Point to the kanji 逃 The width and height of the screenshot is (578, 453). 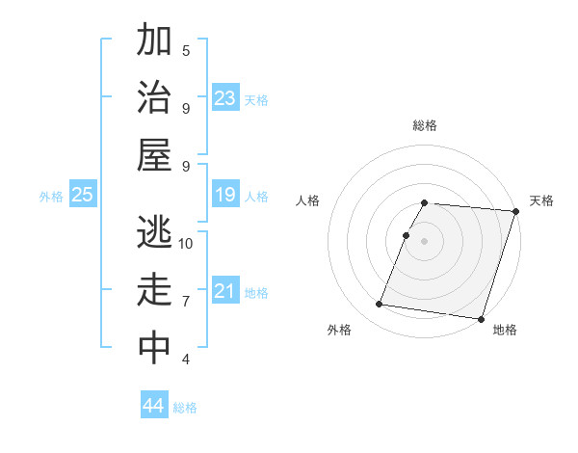coord(154,233)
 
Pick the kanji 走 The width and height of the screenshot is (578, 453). coord(154,291)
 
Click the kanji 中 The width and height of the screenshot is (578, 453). coord(154,349)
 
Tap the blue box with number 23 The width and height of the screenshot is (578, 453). coord(225,98)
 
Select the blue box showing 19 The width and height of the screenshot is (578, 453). coord(225,196)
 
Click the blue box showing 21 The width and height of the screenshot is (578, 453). coord(225,291)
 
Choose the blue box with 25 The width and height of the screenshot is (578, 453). coord(82,196)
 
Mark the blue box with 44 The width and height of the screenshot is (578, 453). coord(154,406)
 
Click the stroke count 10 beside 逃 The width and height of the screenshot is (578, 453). coord(186,243)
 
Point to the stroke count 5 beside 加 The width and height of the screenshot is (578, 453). coord(186,50)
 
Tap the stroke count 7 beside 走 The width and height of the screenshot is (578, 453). coord(186,301)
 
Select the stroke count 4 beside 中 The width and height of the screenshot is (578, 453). coord(186,359)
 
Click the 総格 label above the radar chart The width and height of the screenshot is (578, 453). coord(425,125)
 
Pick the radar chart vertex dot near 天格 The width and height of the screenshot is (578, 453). coord(515,211)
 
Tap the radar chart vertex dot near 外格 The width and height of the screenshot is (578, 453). coord(379,305)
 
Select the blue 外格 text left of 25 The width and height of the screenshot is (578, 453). coord(51,197)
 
